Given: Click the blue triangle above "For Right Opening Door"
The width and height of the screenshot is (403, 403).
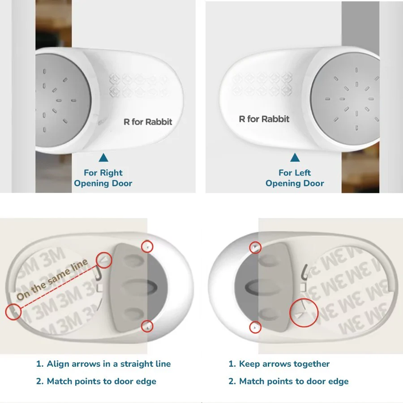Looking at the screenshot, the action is click(x=103, y=158).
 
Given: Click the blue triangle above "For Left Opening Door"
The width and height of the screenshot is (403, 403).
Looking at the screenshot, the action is click(x=295, y=158).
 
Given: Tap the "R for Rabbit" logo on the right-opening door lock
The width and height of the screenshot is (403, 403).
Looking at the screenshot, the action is click(x=148, y=122).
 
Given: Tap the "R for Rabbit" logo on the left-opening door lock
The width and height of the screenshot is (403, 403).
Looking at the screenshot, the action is click(x=264, y=119).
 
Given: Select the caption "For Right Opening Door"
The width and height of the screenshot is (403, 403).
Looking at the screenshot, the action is click(x=103, y=178).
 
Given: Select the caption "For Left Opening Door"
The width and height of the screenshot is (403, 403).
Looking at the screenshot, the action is click(x=295, y=178).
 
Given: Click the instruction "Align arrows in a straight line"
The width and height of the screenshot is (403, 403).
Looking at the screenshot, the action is click(x=103, y=364).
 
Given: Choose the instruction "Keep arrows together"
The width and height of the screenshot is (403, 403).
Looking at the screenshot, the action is click(x=279, y=364).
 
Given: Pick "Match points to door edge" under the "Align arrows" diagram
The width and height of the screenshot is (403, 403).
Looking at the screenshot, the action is click(x=96, y=381).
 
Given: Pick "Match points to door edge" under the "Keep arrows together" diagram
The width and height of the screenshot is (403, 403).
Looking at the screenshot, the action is click(x=288, y=381).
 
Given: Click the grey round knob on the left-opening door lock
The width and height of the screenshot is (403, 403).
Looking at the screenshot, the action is click(x=346, y=99).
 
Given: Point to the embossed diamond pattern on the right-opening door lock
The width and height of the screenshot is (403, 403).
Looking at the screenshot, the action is click(x=139, y=86).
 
